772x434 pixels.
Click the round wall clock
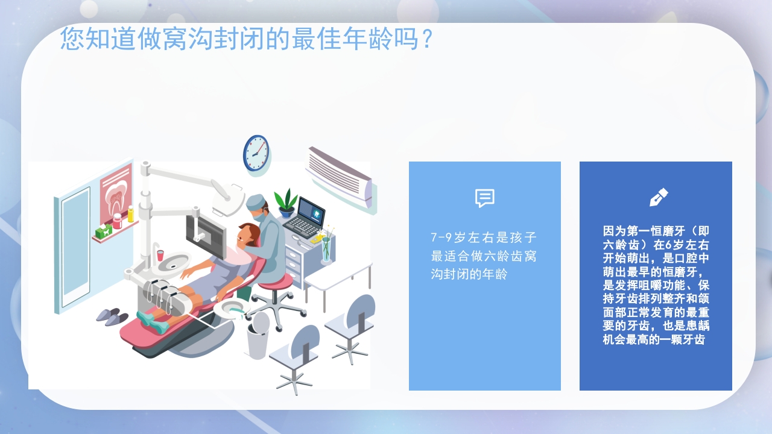pos(256,153)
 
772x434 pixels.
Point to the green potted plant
pos(285,202)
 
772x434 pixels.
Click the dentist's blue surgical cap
pos(256,201)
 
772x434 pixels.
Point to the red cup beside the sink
pos(160,255)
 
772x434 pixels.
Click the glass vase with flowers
pos(326,248)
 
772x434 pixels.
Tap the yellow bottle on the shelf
pos(130,214)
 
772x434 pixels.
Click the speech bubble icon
pos(484,198)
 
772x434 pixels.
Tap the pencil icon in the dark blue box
pos(658,197)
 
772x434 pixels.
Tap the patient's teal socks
pos(152,321)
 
